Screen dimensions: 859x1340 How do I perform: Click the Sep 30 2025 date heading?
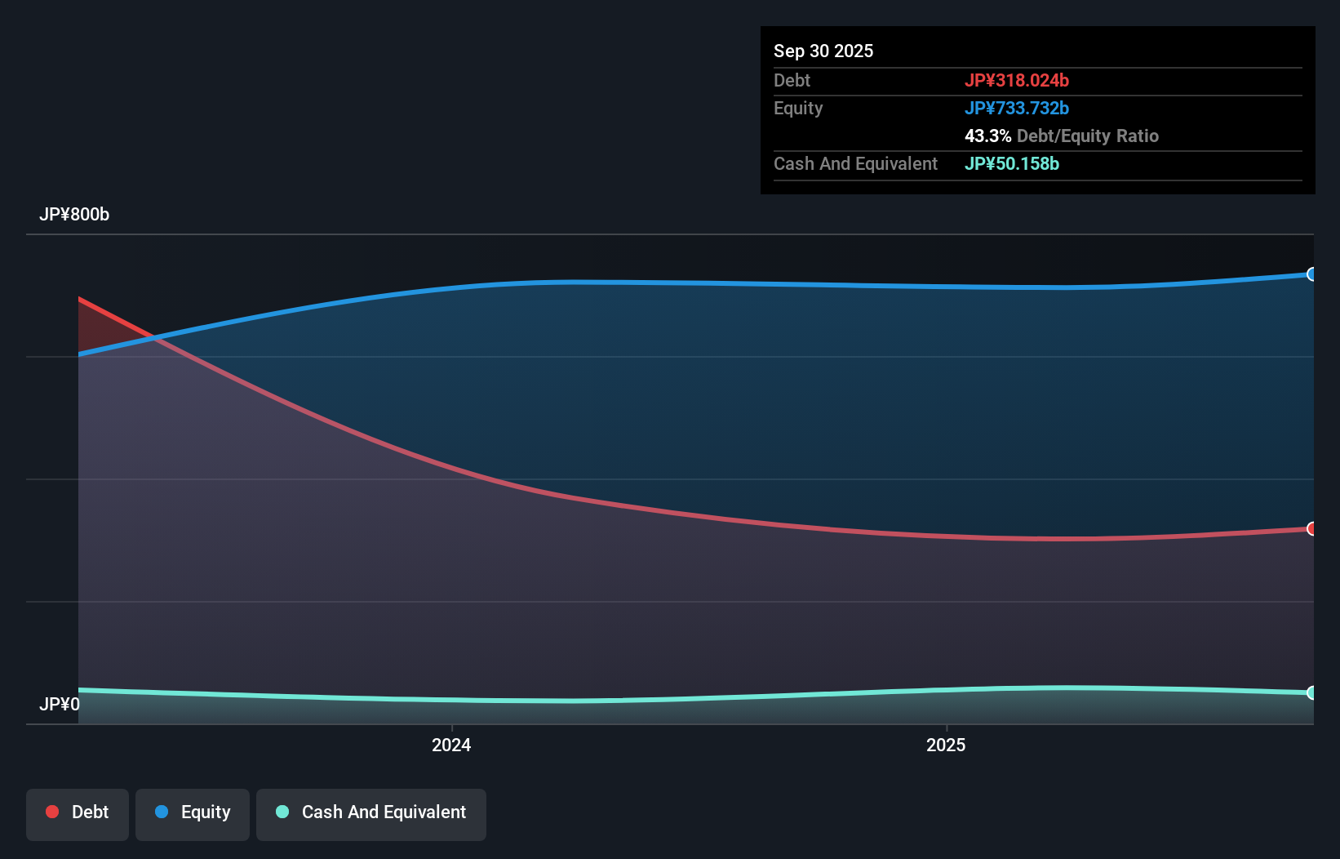tap(823, 51)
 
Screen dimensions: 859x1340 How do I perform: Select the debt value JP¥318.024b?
tap(1016, 80)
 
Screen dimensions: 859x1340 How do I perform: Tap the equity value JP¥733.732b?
tap(1016, 108)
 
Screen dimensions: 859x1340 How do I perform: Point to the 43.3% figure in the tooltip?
tap(987, 136)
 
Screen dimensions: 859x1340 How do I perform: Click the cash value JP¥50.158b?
tap(1011, 163)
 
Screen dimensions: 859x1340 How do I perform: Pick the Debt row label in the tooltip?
tap(792, 80)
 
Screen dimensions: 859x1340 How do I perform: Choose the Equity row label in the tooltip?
tap(798, 108)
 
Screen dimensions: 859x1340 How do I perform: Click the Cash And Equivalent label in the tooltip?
tap(855, 163)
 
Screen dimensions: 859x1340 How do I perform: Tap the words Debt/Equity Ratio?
tap(1087, 136)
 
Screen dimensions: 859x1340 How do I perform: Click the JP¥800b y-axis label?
tap(74, 214)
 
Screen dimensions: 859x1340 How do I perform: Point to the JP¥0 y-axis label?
tap(60, 704)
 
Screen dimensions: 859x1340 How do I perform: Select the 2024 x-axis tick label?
tap(451, 745)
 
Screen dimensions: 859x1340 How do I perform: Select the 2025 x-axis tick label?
tap(946, 745)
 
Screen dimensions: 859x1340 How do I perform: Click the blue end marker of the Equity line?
tap(1311, 274)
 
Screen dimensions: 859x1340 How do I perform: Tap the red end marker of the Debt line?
tap(1311, 529)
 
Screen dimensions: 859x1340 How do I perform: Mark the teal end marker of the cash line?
tap(1311, 692)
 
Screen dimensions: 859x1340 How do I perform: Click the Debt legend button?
tap(78, 812)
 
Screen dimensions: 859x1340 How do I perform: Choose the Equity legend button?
tap(193, 812)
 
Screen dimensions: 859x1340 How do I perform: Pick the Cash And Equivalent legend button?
tap(371, 812)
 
